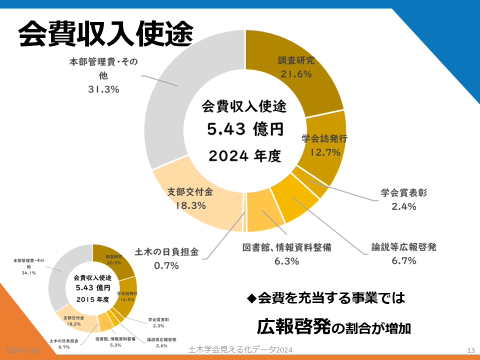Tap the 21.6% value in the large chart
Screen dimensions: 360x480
coord(295,74)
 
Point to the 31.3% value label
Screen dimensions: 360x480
coord(103,89)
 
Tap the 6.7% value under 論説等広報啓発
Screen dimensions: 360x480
coord(404,260)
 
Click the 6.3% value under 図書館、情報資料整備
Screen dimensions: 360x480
coord(286,260)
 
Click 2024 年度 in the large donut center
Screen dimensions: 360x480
coord(245,156)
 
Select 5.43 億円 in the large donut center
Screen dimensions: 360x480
coord(245,130)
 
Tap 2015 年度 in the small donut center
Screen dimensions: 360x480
coord(92,299)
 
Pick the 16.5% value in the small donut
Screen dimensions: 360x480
coord(127,300)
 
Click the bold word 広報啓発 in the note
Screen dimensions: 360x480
coord(293,327)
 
